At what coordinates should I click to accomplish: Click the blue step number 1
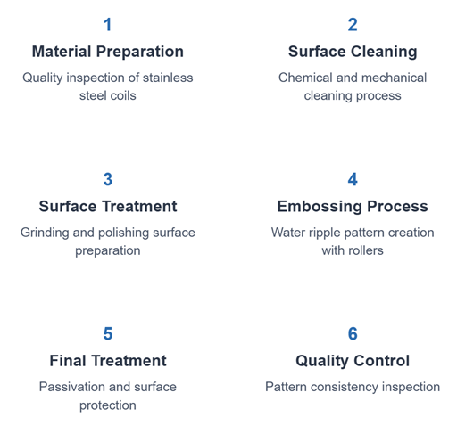click(108, 25)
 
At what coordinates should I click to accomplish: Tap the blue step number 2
click(353, 25)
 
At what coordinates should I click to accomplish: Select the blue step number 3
click(108, 179)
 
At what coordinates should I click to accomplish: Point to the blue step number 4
click(353, 179)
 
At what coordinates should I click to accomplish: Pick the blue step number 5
click(108, 333)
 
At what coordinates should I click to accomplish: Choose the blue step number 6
click(353, 333)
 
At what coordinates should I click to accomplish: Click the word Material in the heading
click(62, 52)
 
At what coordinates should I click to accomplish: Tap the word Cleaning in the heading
click(384, 52)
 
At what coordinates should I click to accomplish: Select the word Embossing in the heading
click(320, 206)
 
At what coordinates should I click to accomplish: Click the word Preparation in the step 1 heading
click(139, 52)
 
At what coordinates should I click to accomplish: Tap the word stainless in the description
click(168, 78)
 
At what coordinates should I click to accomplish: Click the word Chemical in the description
click(305, 78)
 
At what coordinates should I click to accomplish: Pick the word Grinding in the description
click(45, 233)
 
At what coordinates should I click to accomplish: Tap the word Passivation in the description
click(72, 387)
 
